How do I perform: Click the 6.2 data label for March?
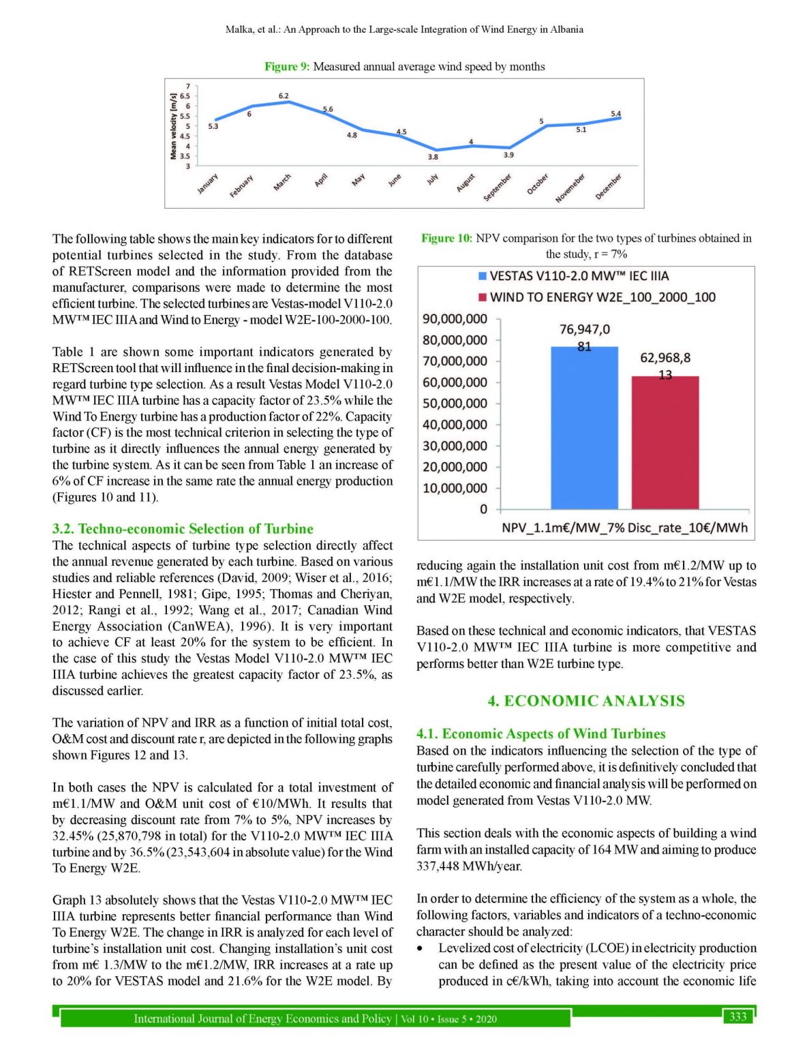point(284,96)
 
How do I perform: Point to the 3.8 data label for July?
point(433,157)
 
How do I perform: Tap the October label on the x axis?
point(538,184)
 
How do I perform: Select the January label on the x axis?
point(208,184)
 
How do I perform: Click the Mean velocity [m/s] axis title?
point(173,127)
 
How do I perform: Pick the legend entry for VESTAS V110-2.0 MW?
point(573,276)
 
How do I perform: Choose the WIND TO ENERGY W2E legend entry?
point(596,297)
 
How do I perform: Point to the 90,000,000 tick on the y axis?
point(455,319)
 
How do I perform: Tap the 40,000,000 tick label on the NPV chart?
point(455,425)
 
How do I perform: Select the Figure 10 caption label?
point(446,239)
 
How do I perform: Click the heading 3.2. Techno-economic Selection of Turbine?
point(183,529)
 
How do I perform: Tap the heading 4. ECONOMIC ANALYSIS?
point(586,701)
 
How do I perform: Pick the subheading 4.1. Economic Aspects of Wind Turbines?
point(540,734)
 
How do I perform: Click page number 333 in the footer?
point(738,1017)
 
